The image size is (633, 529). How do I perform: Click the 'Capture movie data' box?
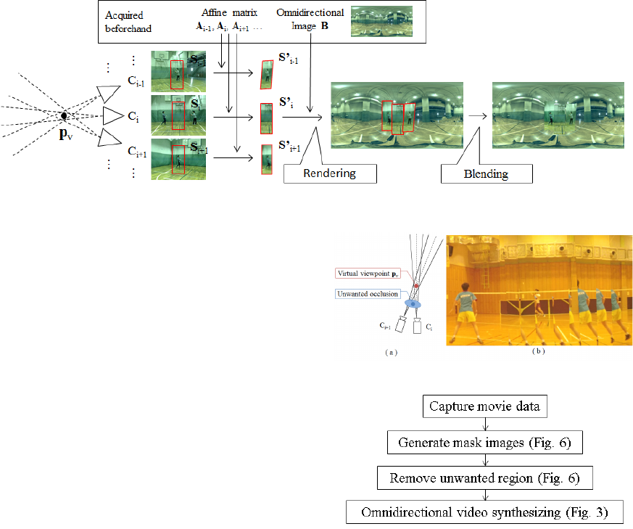tap(484, 407)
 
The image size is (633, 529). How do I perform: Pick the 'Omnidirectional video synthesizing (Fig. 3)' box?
tap(484, 512)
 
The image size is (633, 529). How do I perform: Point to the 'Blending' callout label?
tap(487, 173)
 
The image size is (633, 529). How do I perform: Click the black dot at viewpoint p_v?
tap(64, 115)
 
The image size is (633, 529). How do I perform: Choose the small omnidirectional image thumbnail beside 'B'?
tap(381, 20)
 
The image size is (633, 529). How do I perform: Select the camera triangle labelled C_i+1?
tap(109, 139)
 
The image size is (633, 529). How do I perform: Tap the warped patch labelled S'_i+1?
tap(265, 160)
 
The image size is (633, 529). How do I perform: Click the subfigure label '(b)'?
tap(538, 352)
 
